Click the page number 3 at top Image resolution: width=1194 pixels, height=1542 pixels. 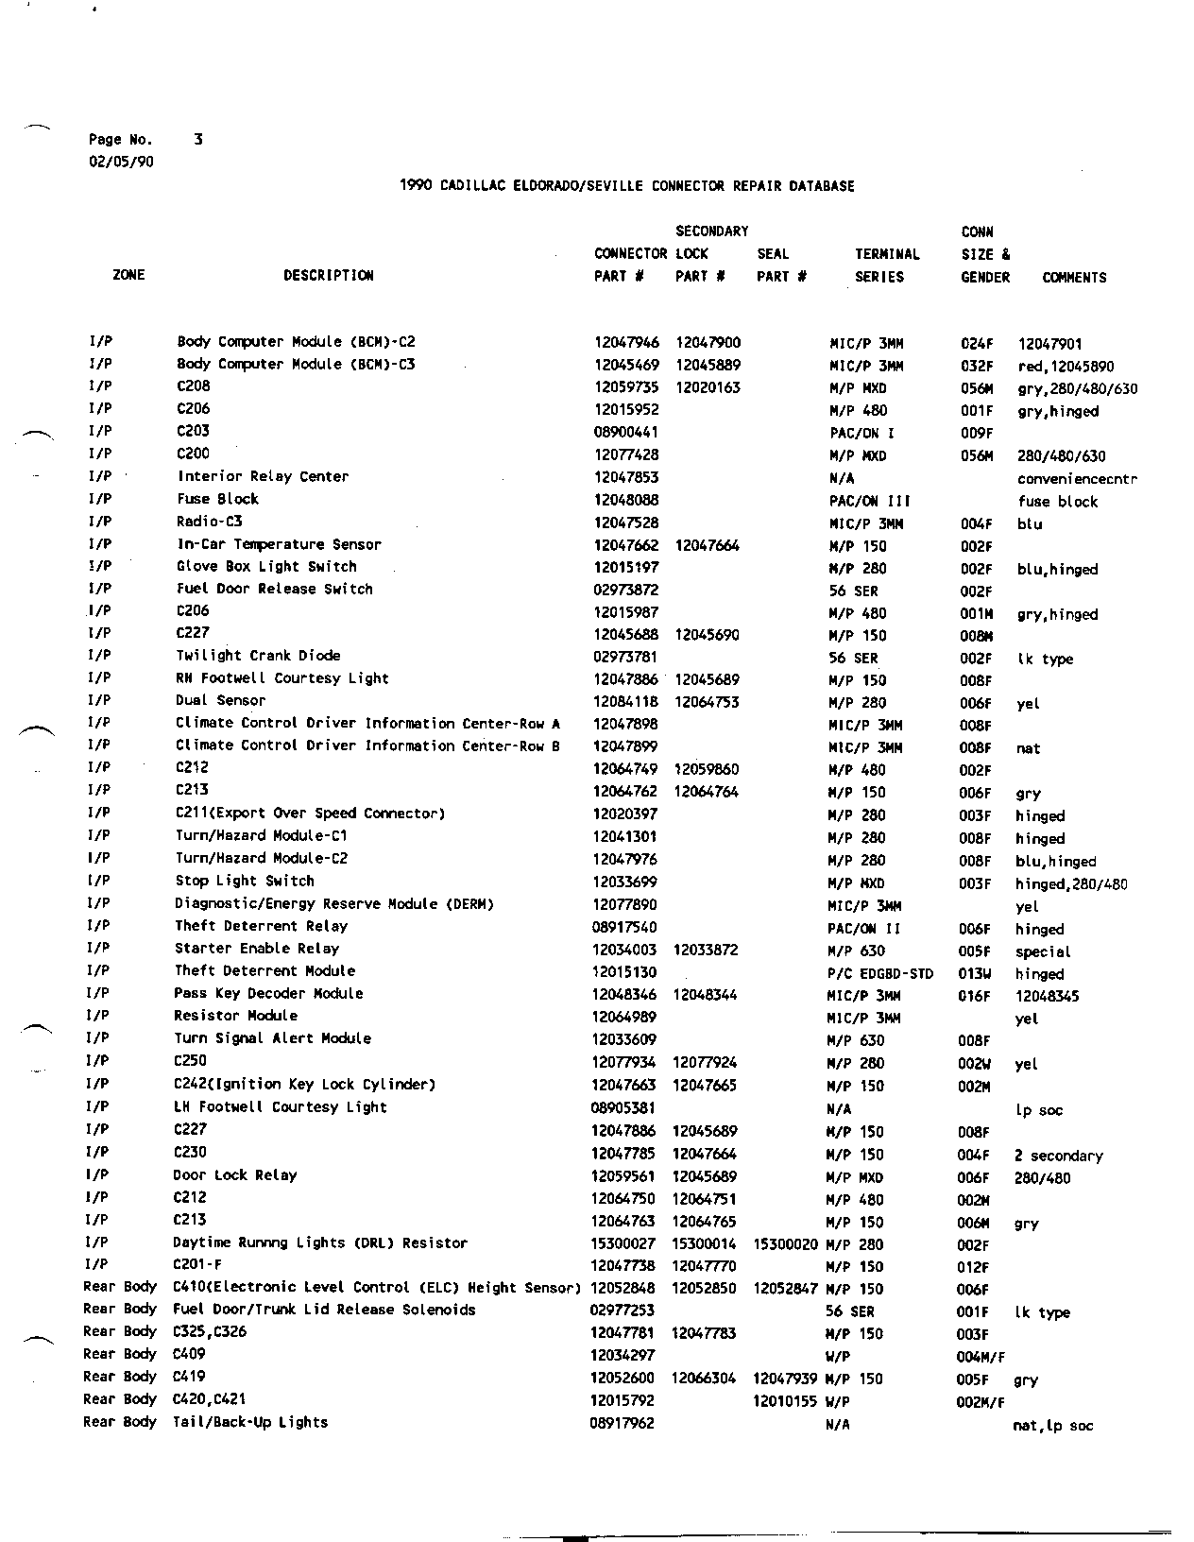pos(198,139)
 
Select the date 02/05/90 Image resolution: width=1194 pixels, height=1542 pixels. pos(121,162)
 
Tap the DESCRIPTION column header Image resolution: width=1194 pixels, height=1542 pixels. pos(328,276)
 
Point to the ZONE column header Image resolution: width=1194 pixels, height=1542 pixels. pos(128,275)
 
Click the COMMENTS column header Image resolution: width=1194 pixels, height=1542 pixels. pos(1074,278)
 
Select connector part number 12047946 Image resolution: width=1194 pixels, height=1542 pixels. pos(626,343)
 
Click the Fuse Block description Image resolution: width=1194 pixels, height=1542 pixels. pos(217,499)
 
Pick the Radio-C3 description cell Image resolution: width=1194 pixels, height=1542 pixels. pos(209,522)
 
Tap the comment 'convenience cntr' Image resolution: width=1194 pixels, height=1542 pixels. pos(1077,479)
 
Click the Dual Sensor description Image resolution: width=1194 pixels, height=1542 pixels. pos(220,701)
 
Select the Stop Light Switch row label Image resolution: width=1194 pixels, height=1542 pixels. pos(244,882)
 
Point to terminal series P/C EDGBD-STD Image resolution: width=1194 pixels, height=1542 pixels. pos(879,974)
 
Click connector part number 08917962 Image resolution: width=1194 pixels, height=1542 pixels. pos(622,1423)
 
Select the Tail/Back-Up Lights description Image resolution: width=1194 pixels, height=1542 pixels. pos(250,1423)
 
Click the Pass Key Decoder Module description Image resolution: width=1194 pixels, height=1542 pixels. pos(268,994)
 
